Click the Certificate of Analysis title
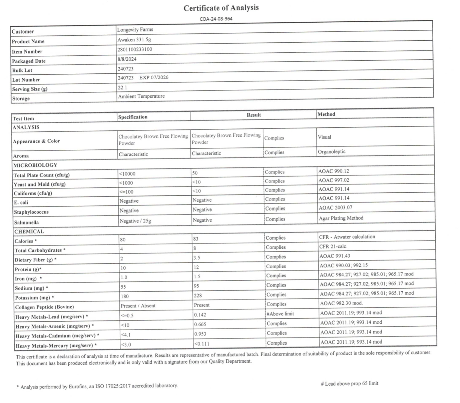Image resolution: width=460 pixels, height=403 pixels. click(x=221, y=8)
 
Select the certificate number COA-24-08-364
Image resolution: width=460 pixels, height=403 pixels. click(x=216, y=19)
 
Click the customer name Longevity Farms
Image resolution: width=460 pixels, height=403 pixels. click(x=135, y=29)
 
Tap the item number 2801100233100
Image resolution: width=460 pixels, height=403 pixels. click(x=135, y=49)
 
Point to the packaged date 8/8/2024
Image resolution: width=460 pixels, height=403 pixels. click(x=127, y=59)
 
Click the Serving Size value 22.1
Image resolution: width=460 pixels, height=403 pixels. click(x=122, y=87)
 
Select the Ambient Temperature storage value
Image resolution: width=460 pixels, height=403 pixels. click(x=141, y=96)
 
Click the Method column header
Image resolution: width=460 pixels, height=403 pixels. click(x=326, y=114)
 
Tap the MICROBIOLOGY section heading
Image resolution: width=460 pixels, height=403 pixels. click(x=35, y=165)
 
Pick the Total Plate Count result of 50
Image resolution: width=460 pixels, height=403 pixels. click(x=195, y=173)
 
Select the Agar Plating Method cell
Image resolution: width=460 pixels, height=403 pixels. click(x=341, y=218)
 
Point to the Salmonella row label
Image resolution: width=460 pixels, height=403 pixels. click(x=26, y=222)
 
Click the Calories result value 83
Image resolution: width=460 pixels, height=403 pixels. click(x=196, y=239)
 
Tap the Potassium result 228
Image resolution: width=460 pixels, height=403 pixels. click(x=198, y=296)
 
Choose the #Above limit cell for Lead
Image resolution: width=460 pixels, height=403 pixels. click(x=280, y=314)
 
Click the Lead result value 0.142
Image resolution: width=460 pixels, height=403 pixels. click(x=200, y=315)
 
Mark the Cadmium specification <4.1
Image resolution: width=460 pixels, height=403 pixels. click(x=126, y=335)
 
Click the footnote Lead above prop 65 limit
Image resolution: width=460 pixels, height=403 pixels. click(x=349, y=383)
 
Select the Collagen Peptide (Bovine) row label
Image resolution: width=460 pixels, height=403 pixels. click(x=44, y=307)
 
